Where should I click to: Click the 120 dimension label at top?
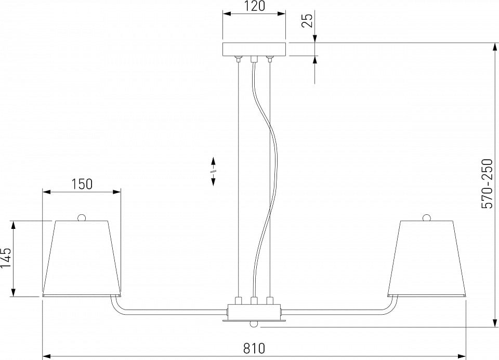point(254,6)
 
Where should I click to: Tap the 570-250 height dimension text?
point(487,184)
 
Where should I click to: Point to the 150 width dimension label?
point(82,184)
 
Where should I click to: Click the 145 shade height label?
point(6,258)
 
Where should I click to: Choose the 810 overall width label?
point(254,348)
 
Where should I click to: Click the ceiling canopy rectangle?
point(254,49)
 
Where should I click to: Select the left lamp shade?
point(82,258)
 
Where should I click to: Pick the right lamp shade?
point(426,258)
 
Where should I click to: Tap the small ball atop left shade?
point(82,217)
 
